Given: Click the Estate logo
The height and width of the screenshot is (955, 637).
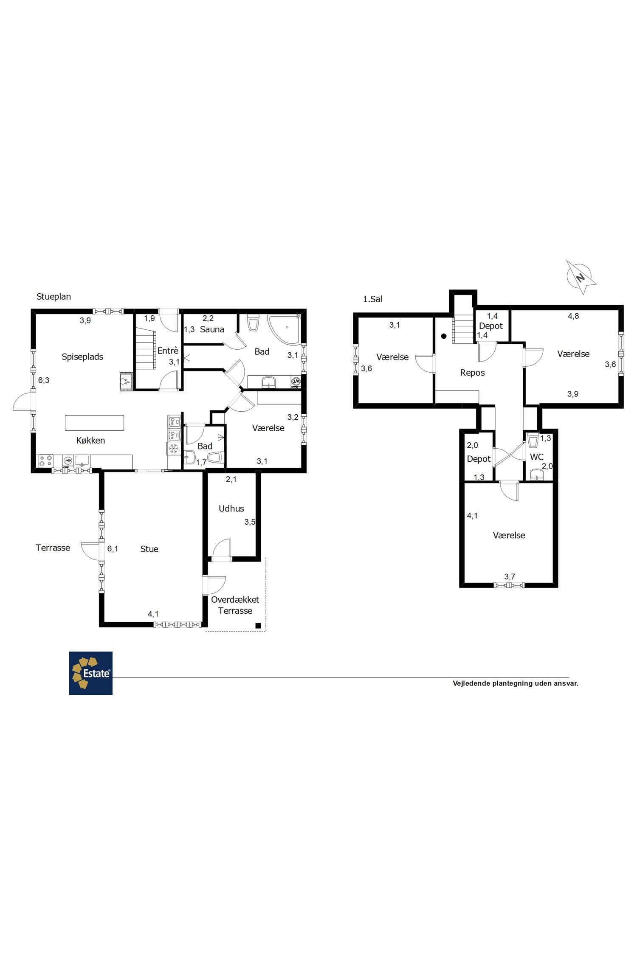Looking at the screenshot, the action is point(91,673).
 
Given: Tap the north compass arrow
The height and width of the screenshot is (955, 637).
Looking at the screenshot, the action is point(581,278).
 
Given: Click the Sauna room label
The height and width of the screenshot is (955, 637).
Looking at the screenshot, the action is point(212,329).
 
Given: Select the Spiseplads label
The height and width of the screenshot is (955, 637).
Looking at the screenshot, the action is point(82,357).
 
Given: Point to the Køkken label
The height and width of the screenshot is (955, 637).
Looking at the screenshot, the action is point(90,441).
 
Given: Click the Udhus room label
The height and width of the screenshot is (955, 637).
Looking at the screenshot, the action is point(231,508).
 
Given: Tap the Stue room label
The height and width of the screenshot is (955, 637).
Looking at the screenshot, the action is point(149,549).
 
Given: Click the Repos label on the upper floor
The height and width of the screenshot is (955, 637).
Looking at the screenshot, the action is point(472,373).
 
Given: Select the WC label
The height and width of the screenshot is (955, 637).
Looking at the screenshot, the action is point(537,457).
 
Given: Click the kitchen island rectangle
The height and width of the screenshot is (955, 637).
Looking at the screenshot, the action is point(94,423).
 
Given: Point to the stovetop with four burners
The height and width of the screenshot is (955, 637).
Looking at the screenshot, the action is point(46,461).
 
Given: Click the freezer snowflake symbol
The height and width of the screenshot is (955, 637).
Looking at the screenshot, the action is point(173,448).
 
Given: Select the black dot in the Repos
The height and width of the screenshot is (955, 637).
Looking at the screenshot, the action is point(444,336).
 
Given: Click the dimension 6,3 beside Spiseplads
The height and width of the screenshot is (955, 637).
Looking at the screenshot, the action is point(44,380).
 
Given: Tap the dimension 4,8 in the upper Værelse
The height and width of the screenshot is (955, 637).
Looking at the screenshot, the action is point(573,316).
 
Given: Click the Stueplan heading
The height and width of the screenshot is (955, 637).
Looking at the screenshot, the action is point(54,297).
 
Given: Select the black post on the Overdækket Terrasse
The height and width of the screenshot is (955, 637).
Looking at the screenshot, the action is point(258,625).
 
